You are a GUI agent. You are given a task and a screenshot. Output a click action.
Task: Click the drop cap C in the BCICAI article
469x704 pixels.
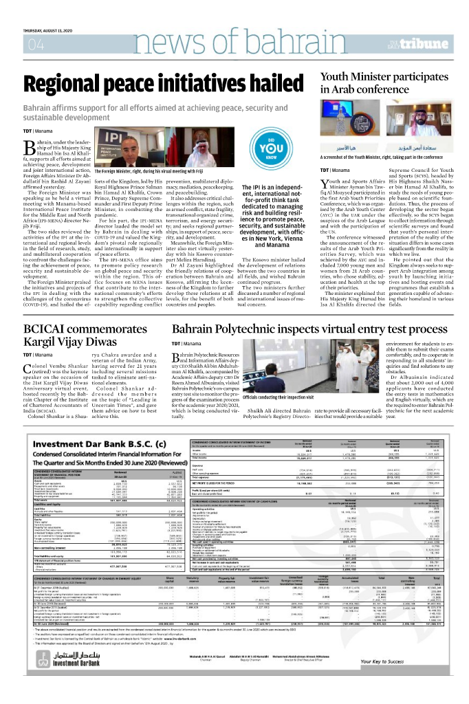(x=28, y=386)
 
